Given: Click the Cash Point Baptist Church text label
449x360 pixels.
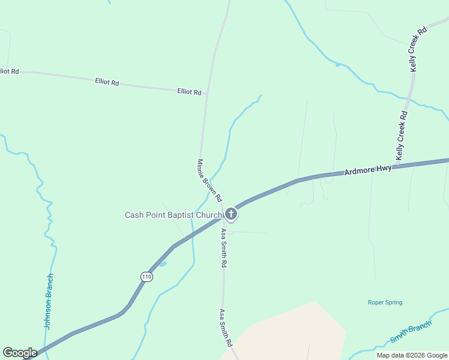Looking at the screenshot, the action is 173,215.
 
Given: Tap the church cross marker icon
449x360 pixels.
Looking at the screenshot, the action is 231,214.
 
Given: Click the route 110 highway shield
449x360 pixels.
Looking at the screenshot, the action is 147,277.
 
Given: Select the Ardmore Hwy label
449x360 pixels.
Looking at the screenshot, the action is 368,170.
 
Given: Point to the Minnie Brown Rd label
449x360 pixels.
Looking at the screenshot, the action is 210,180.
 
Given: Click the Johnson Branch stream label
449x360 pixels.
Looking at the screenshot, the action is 49,302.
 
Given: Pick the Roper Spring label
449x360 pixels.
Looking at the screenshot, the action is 385,302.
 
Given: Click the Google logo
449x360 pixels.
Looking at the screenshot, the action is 20,353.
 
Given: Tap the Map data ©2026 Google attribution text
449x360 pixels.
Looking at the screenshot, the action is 412,355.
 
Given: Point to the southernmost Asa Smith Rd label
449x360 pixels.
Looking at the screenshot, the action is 225,328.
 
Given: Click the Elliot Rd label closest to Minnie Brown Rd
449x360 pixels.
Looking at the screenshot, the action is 189,92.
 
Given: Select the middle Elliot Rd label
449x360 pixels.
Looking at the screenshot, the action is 107,81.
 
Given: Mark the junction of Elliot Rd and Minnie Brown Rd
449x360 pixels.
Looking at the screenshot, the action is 206,94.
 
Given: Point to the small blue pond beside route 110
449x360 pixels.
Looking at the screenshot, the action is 162,263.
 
